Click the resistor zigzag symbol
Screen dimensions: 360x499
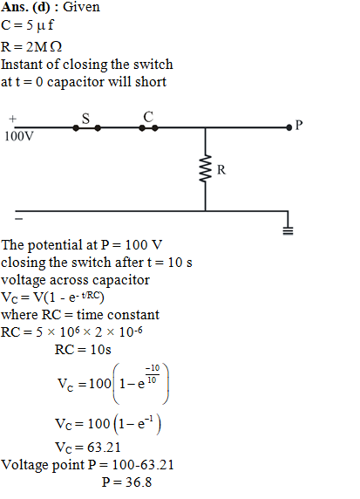click(x=206, y=168)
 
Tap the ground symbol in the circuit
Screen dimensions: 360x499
click(x=288, y=230)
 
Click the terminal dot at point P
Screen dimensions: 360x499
click(x=289, y=127)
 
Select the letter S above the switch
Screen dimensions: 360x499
click(x=86, y=119)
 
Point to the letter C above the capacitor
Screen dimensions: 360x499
click(x=148, y=117)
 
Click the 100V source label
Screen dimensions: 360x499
click(x=19, y=136)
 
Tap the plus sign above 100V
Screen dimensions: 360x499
click(x=12, y=119)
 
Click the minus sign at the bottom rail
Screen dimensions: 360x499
click(x=19, y=219)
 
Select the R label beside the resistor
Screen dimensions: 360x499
click(x=221, y=170)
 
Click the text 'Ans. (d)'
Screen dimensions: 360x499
click(x=25, y=7)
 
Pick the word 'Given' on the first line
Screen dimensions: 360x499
click(x=81, y=7)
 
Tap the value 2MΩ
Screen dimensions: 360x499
click(x=44, y=47)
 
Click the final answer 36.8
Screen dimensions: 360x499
click(x=139, y=482)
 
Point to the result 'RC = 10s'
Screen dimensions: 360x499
click(x=83, y=350)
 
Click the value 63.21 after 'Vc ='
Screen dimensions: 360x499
click(x=104, y=448)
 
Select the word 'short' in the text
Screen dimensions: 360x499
click(x=151, y=82)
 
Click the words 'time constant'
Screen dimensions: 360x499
click(x=118, y=315)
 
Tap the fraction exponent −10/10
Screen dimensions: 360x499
click(x=153, y=374)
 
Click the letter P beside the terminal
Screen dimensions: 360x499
click(x=299, y=125)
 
